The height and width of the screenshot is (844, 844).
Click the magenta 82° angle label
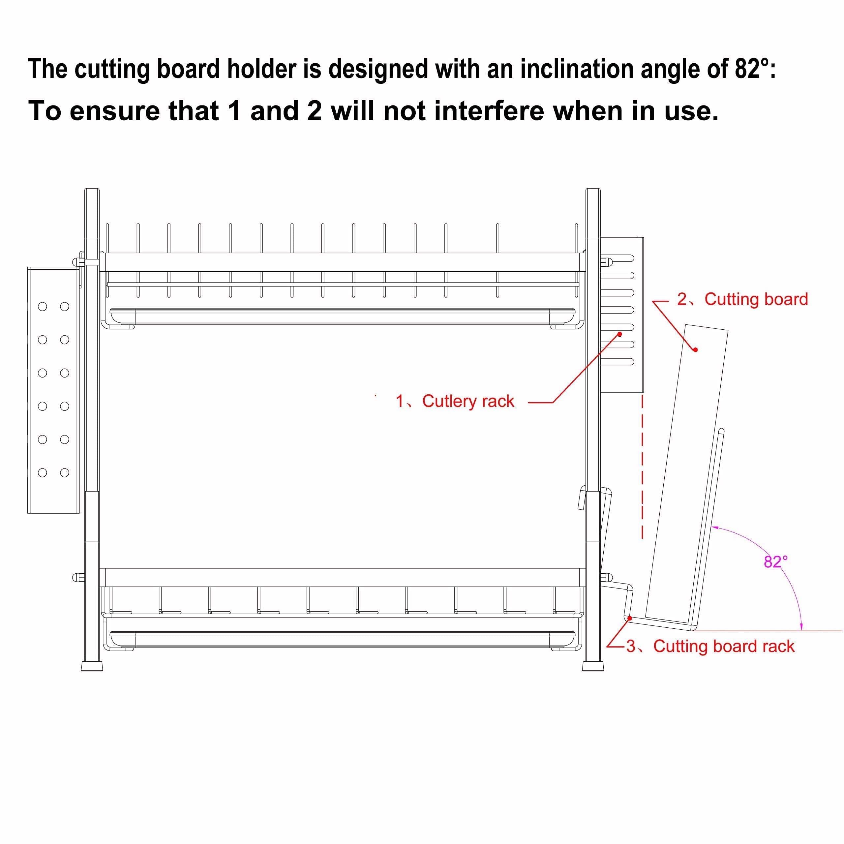coord(775,561)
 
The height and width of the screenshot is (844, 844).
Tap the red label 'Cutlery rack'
coord(468,401)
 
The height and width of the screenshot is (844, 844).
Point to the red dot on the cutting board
coord(695,350)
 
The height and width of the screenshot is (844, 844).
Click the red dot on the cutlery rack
coord(619,335)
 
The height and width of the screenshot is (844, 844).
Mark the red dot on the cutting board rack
coord(630,618)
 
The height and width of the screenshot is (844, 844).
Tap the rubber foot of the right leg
coord(593,666)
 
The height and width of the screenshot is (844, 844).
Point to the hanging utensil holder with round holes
coord(53,390)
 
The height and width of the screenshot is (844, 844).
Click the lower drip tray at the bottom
coord(343,640)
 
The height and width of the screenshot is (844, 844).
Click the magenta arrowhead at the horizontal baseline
coord(801,627)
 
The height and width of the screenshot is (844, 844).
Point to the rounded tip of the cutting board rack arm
coord(721,431)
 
